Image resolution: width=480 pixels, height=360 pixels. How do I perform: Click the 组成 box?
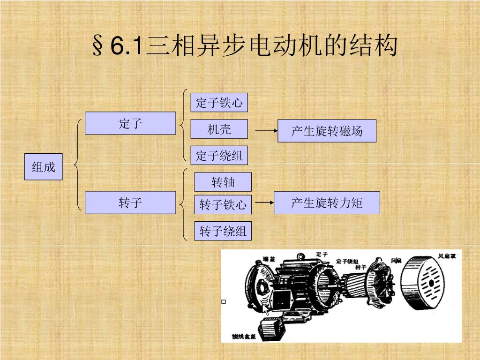pos(44,166)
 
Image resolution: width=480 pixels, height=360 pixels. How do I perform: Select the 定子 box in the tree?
pos(130,124)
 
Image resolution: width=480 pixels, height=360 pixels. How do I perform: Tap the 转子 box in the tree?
pos(130,202)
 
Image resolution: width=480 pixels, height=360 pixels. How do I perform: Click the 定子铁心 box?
pos(219,103)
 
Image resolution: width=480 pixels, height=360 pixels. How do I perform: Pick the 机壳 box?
pos(219,129)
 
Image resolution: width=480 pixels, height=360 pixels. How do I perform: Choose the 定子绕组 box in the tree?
pos(219,155)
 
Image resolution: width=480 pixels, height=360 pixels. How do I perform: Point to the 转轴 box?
pos(223,182)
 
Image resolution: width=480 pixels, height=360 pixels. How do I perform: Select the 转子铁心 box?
pos(223,204)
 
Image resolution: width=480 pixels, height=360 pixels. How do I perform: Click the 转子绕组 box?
pos(223,231)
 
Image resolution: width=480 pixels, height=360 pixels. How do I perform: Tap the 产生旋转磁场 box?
pos(327,131)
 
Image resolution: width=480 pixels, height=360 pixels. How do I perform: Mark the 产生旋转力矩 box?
pos(327,202)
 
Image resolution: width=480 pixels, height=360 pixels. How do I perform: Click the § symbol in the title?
pos(98,46)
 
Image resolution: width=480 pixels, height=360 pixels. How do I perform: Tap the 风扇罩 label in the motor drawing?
pos(447,256)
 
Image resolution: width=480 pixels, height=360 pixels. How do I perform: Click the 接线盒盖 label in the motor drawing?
pos(244,336)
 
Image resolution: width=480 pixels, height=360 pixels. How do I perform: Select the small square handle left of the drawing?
pos(224,302)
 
